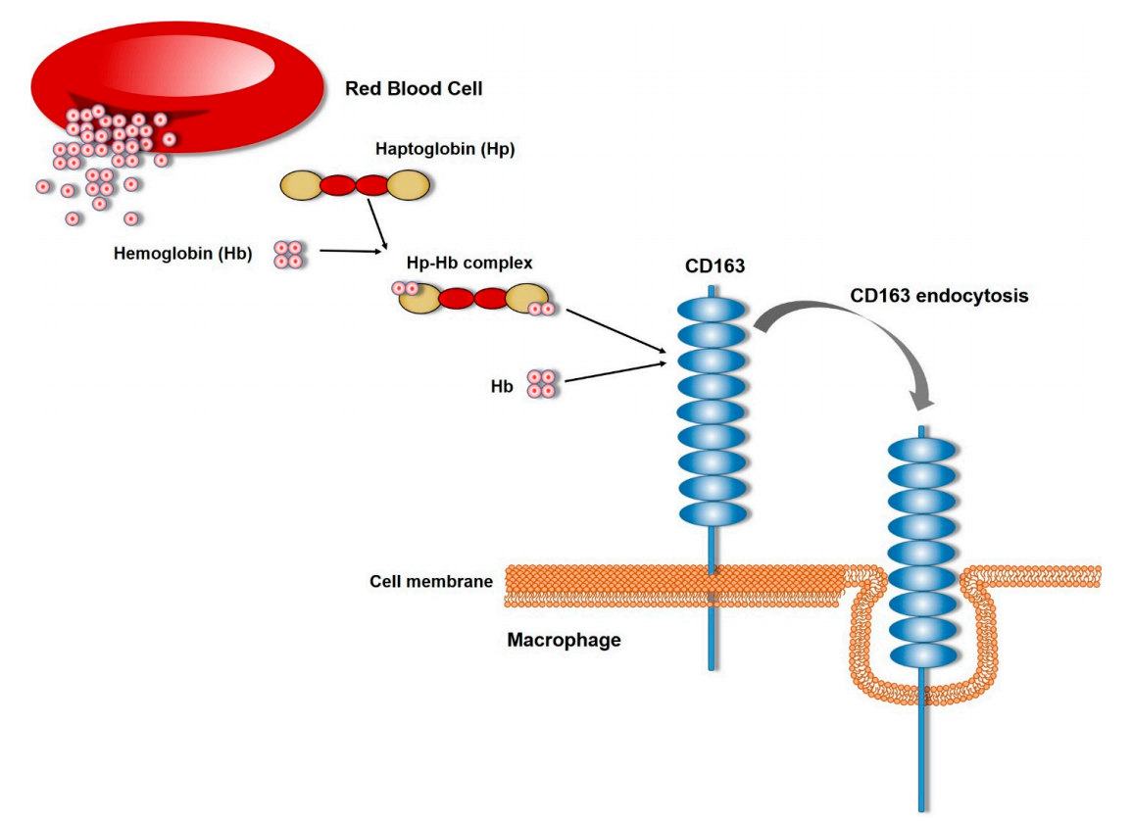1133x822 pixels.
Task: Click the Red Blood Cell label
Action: [x=414, y=89]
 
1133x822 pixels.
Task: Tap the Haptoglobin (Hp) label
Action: [x=444, y=150]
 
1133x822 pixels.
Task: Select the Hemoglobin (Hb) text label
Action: [x=183, y=255]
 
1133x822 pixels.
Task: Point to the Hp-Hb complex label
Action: [x=469, y=264]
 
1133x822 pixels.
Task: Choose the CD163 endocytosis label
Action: [x=939, y=295]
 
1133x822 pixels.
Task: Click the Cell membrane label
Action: [x=430, y=581]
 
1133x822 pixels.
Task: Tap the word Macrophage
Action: [x=564, y=641]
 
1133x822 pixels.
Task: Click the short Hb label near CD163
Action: [x=502, y=387]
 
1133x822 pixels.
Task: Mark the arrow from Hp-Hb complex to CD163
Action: [x=617, y=332]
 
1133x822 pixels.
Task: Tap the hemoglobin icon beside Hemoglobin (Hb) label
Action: [x=288, y=255]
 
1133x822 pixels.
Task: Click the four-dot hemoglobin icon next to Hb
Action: [x=541, y=384]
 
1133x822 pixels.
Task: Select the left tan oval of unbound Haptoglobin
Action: [x=301, y=184]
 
